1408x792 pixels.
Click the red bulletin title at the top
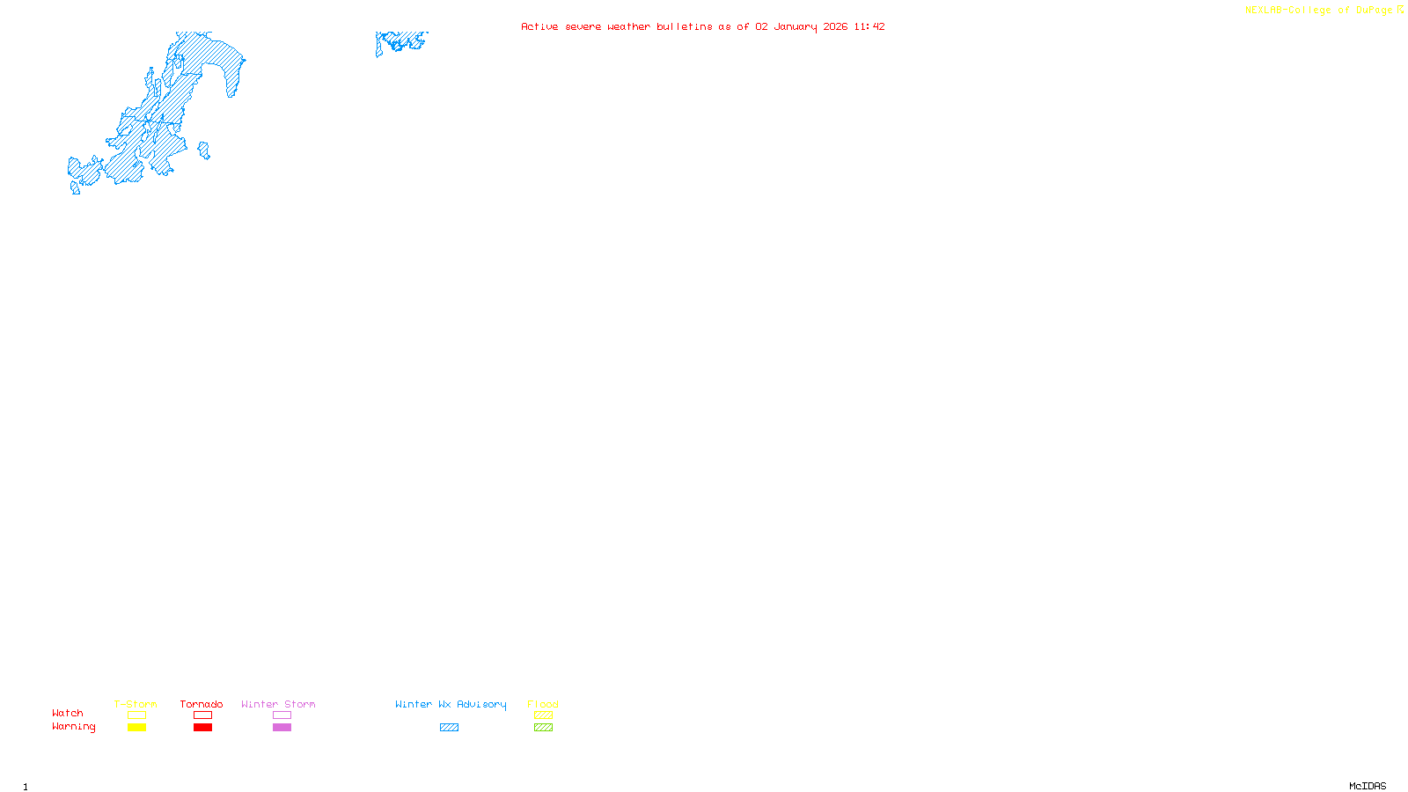[702, 26]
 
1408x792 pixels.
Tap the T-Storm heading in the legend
[136, 704]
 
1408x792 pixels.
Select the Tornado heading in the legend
[202, 704]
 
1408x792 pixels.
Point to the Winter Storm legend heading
[278, 704]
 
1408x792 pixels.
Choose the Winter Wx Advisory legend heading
[451, 704]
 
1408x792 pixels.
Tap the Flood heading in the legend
[543, 704]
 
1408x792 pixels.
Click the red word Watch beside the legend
[68, 713]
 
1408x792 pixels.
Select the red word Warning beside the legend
[74, 727]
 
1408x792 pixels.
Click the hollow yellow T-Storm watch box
[136, 715]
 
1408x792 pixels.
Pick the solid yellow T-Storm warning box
[136, 728]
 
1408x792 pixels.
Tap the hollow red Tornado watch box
[202, 715]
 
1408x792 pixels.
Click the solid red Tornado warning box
[202, 728]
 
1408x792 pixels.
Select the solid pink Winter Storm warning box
[282, 728]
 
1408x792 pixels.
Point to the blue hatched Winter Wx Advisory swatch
[449, 728]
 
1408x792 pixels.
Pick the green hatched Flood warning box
[543, 728]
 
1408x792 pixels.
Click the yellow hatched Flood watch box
[543, 715]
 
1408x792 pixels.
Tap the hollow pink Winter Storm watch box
[282, 715]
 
